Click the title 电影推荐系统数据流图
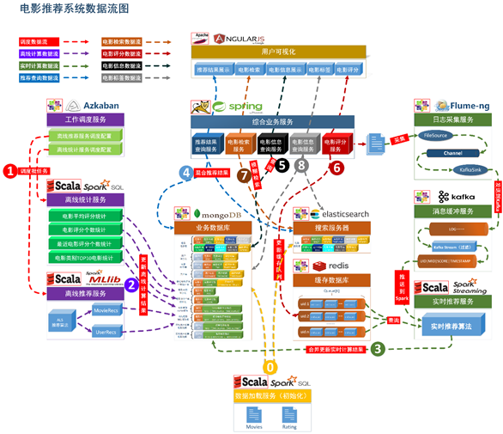tap(64, 10)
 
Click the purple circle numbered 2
tap(131, 284)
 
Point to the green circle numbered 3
tap(378, 349)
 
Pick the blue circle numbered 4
tap(185, 172)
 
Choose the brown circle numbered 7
tap(244, 174)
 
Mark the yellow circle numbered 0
tap(271, 366)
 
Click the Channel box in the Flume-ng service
tap(452, 152)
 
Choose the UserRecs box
tap(107, 329)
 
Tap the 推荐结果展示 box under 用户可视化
tap(213, 70)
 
